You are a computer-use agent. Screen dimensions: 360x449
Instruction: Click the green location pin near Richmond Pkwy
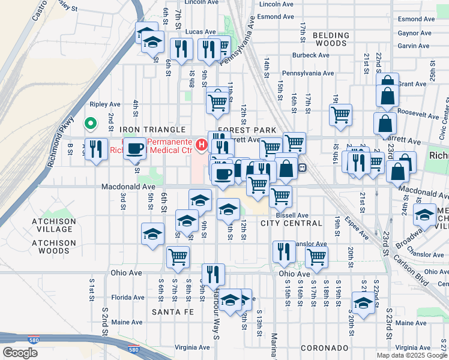(90, 124)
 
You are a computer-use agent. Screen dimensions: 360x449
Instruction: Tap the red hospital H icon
(201, 145)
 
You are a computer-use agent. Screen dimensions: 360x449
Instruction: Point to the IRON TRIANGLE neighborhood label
(152, 130)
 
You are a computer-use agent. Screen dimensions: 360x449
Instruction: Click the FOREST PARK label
(247, 130)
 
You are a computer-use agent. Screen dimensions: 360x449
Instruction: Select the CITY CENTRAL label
(291, 223)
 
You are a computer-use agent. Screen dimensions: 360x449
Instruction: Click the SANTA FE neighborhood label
(172, 312)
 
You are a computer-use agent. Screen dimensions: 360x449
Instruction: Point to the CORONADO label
(324, 348)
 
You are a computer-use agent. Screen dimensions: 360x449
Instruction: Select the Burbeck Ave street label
(308, 55)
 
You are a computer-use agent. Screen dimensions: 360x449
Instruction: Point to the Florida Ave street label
(127, 297)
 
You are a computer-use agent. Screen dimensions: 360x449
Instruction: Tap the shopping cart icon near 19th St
(340, 113)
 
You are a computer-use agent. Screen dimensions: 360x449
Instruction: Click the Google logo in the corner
(20, 353)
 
